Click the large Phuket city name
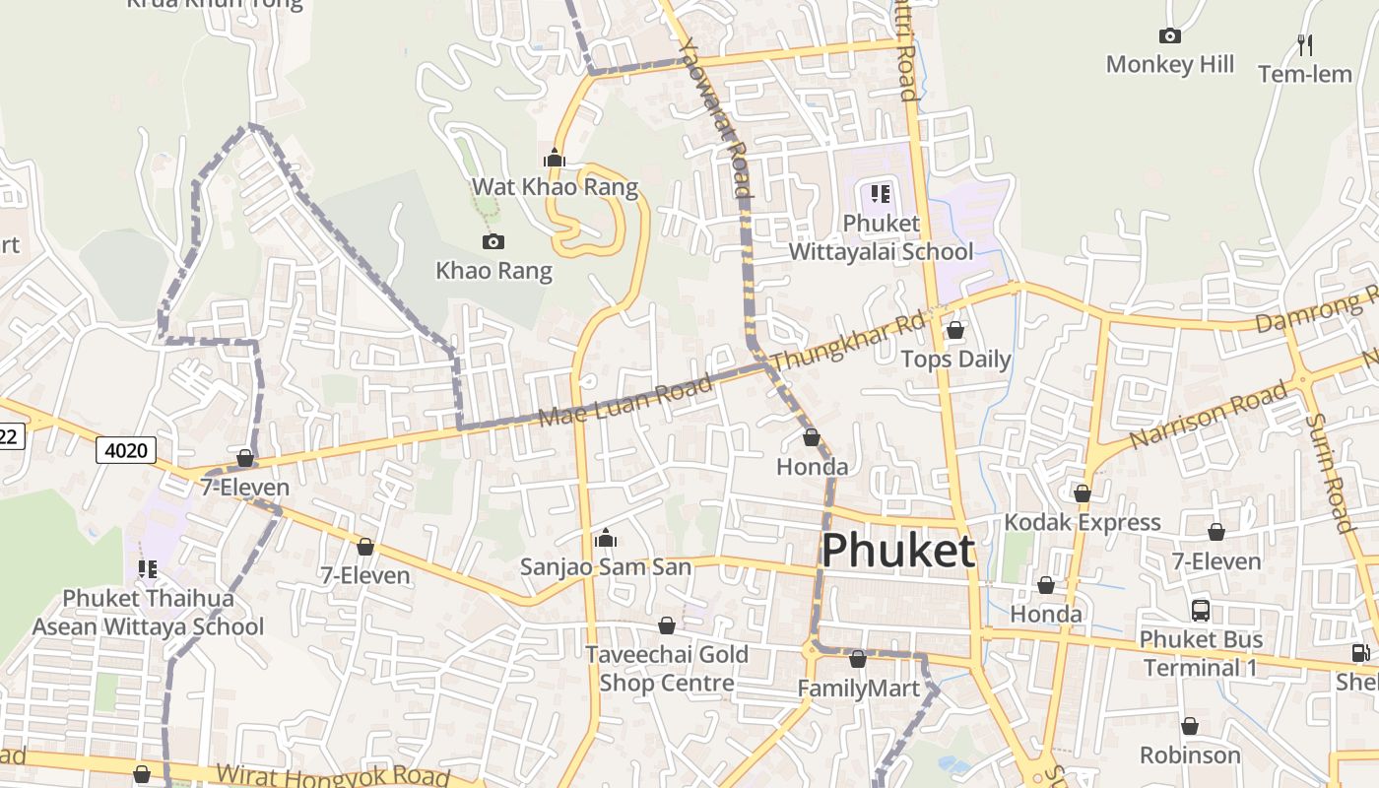tap(897, 552)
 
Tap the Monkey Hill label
tap(1169, 65)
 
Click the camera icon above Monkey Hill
tap(1170, 36)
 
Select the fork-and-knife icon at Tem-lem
tap(1305, 44)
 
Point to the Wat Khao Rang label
tap(555, 187)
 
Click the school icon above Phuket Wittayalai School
tap(880, 194)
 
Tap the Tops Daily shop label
tap(955, 359)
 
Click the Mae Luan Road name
tap(624, 402)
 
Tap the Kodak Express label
tap(1083, 522)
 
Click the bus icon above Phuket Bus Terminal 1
tap(1200, 611)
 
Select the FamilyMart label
tap(858, 689)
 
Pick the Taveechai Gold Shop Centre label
tap(667, 669)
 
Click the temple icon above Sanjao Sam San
tap(606, 538)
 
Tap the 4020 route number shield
tap(127, 451)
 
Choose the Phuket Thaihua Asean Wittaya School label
tap(148, 613)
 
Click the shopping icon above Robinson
tap(1190, 727)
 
